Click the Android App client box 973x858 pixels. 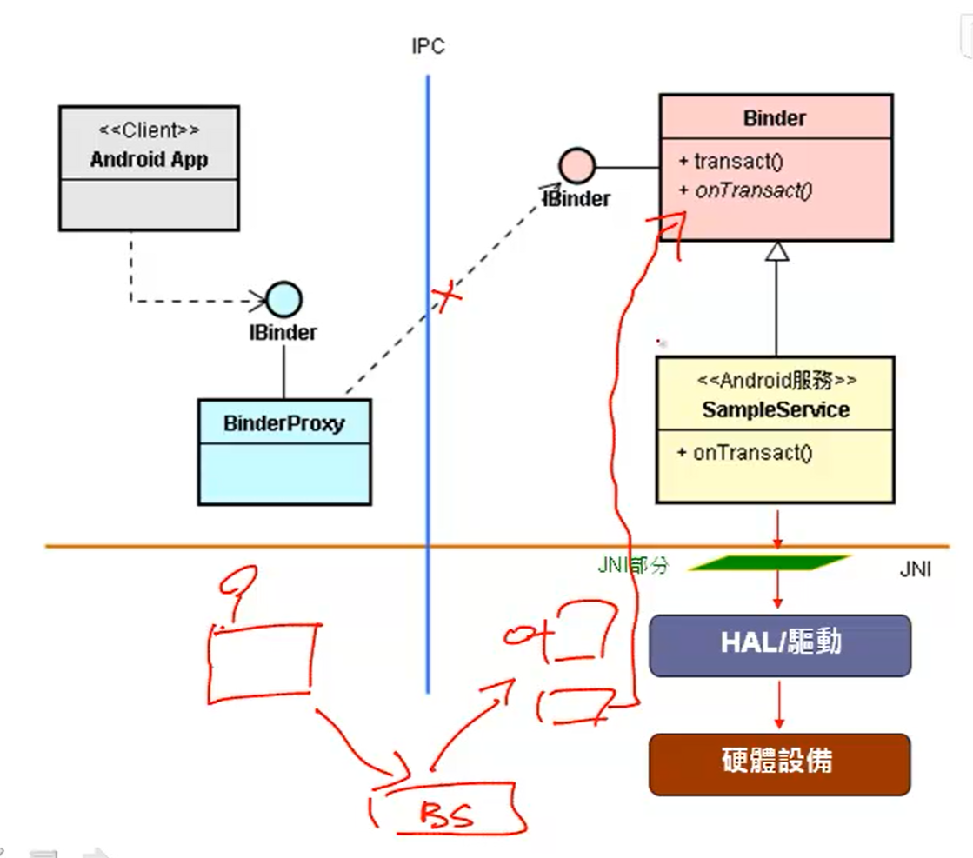pyautogui.click(x=149, y=168)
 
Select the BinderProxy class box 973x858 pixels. pyautogui.click(x=283, y=451)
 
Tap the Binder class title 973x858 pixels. pyautogui.click(x=774, y=118)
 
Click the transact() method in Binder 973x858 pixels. pyautogui.click(x=732, y=162)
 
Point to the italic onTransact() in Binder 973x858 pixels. pyautogui.click(x=752, y=190)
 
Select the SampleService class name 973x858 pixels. pyautogui.click(x=775, y=409)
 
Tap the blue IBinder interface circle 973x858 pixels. pyautogui.click(x=283, y=300)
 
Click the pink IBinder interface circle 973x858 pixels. pyautogui.click(x=576, y=165)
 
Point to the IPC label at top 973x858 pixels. pyautogui.click(x=428, y=47)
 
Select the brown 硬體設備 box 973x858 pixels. pyautogui.click(x=779, y=763)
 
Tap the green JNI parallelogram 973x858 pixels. pyautogui.click(x=769, y=563)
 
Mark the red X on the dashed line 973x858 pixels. pyautogui.click(x=447, y=299)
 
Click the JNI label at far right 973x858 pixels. pyautogui.click(x=916, y=570)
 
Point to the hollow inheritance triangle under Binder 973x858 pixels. pyautogui.click(x=776, y=251)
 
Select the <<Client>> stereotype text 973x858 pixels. pyautogui.click(x=149, y=130)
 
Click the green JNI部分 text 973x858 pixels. pyautogui.click(x=633, y=565)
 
